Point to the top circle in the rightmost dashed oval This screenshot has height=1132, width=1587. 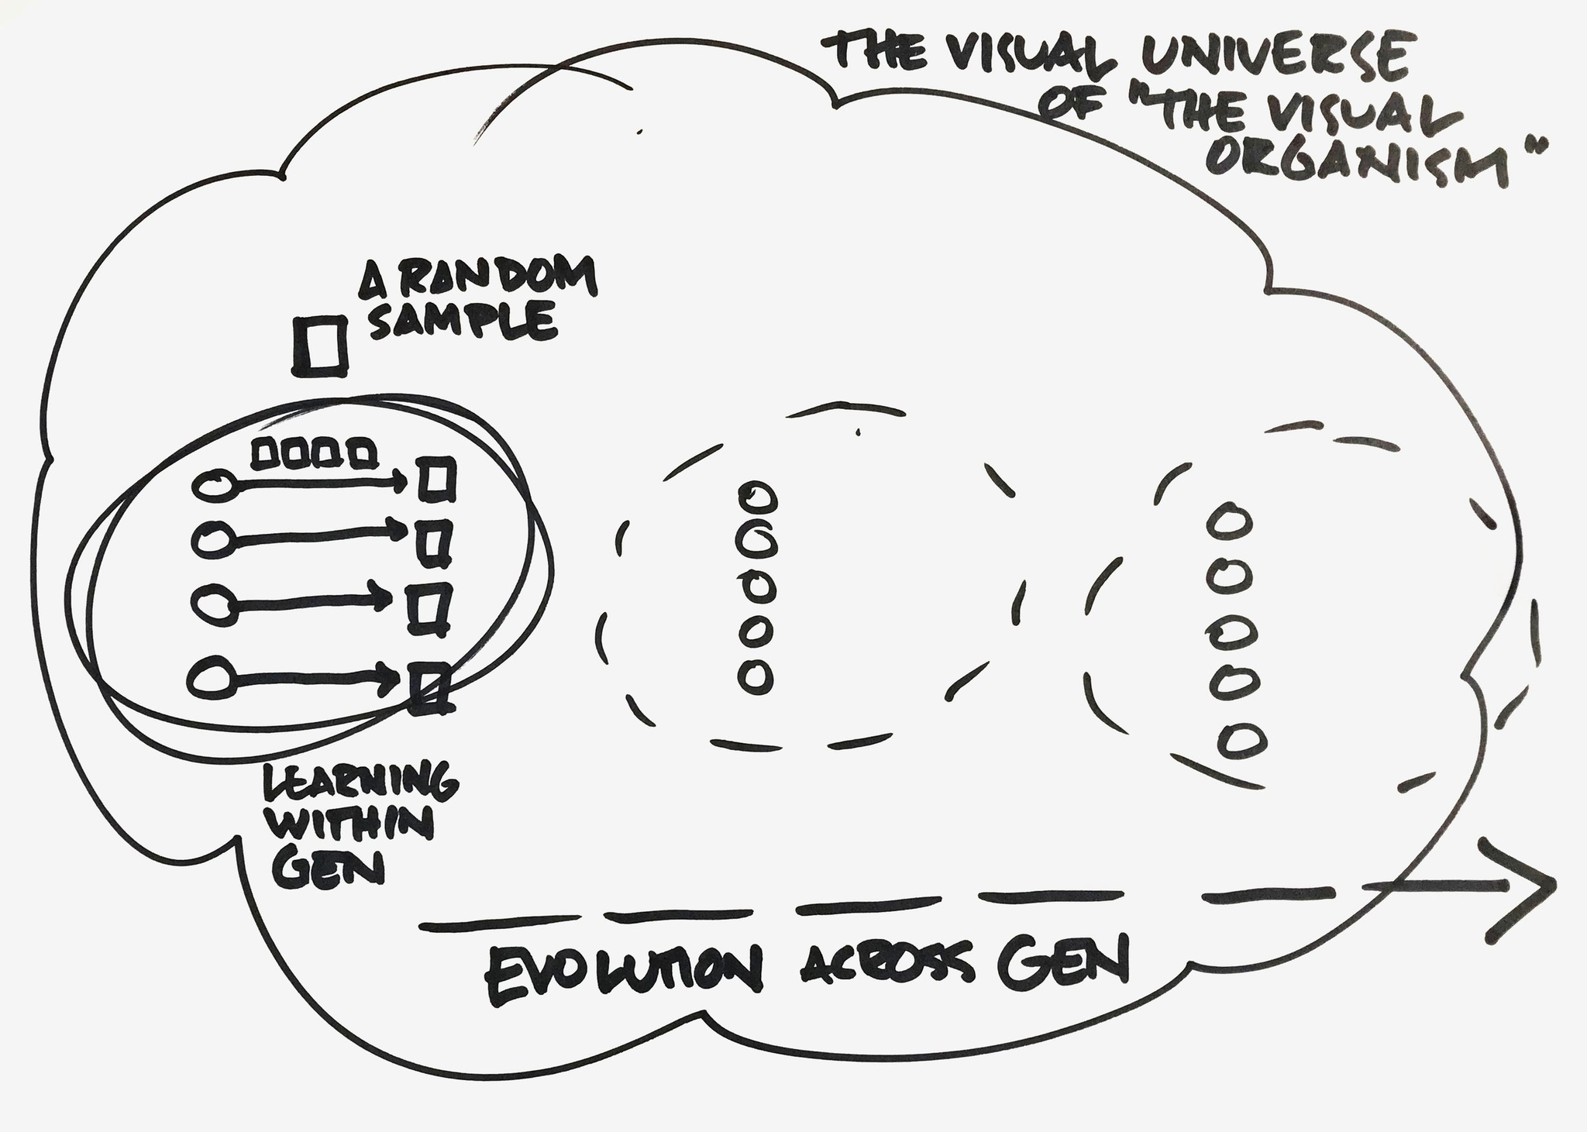(x=1231, y=520)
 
